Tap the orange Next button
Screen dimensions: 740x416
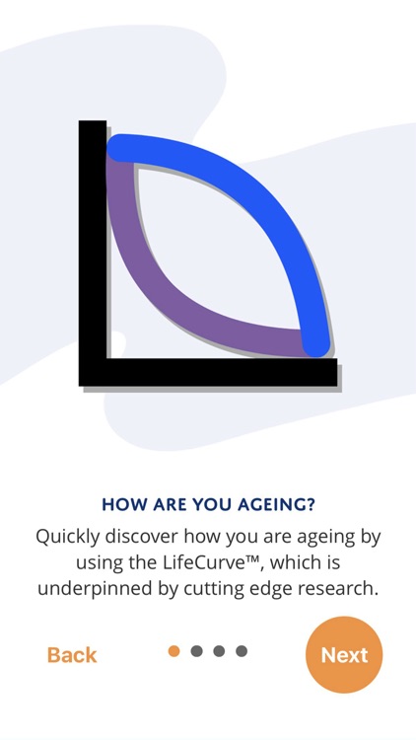point(344,654)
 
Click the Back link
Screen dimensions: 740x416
point(72,655)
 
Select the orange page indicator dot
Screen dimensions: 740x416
point(174,651)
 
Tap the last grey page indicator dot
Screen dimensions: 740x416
point(242,651)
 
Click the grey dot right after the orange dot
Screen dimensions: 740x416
point(197,651)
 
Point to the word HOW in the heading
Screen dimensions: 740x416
point(120,505)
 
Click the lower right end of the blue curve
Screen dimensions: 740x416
point(315,340)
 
